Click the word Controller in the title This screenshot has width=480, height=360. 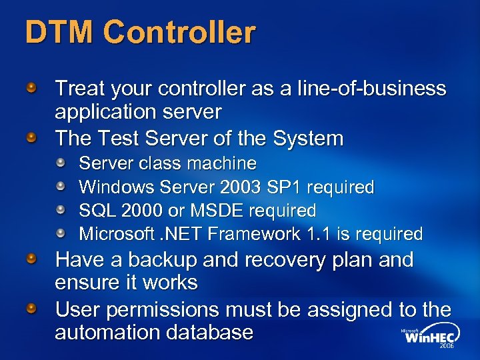[x=179, y=32]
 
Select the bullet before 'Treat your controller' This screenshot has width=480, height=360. [x=31, y=87]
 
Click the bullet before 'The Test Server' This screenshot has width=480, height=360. [x=31, y=138]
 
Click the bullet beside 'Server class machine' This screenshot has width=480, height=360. [x=61, y=163]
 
